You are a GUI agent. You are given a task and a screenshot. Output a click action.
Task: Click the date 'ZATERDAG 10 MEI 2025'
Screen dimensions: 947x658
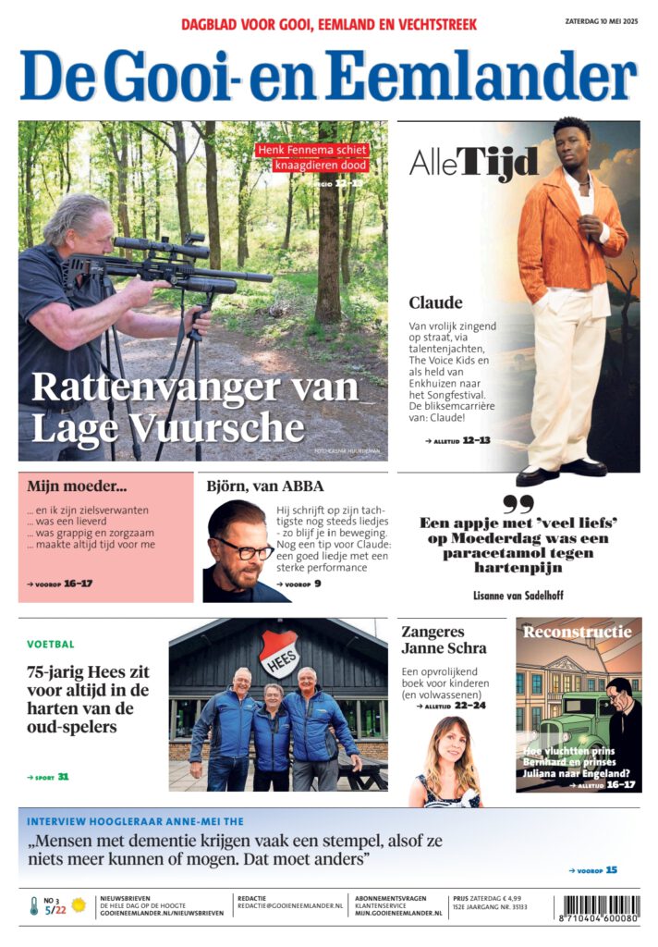(601, 20)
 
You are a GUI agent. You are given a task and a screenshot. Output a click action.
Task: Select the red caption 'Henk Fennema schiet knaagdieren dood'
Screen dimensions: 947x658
(311, 157)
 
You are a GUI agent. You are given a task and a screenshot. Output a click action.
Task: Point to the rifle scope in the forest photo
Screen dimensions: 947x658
(162, 247)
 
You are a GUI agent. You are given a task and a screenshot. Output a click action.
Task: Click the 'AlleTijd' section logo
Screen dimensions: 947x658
(473, 164)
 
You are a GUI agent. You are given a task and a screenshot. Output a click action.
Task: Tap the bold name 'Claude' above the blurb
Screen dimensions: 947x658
(435, 302)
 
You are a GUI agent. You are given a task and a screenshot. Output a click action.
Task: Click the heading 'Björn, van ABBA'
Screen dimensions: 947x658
(264, 486)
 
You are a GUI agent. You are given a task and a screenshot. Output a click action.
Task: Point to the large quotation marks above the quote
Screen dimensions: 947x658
(518, 504)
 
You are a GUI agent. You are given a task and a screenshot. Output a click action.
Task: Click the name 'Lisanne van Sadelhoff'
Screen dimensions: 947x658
(518, 595)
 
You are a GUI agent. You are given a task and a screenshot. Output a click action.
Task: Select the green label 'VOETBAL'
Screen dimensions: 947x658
(51, 644)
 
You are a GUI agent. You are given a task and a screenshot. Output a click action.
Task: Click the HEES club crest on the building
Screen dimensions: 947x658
(278, 655)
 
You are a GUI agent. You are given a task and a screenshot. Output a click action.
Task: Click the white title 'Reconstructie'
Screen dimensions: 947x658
(578, 633)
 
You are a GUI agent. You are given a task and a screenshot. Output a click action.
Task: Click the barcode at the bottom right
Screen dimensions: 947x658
(596, 907)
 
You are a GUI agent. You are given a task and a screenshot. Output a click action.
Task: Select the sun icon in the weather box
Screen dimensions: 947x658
(79, 905)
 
